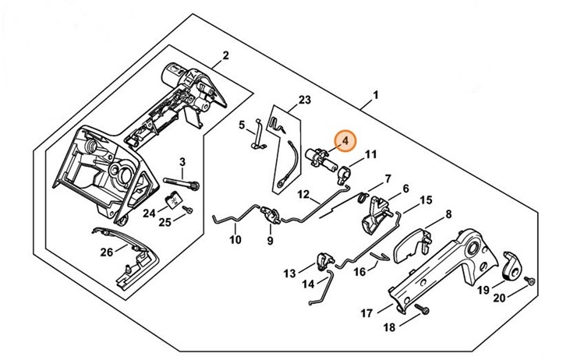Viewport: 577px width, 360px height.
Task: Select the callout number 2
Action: click(225, 55)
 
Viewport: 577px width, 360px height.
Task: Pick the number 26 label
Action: click(107, 251)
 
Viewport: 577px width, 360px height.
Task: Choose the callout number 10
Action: click(235, 241)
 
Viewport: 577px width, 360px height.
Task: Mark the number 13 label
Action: click(290, 273)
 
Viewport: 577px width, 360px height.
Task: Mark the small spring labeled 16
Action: click(380, 256)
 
